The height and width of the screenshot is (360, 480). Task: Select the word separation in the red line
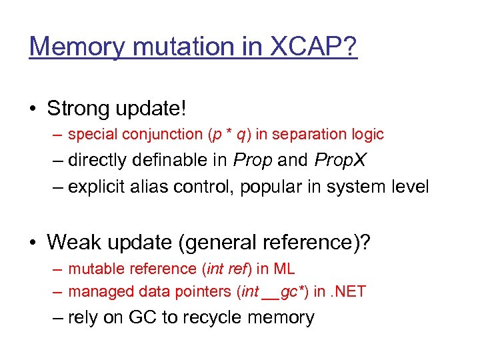point(314,135)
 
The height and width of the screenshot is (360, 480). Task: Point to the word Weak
point(71,242)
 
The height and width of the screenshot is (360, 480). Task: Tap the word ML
point(283,269)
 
